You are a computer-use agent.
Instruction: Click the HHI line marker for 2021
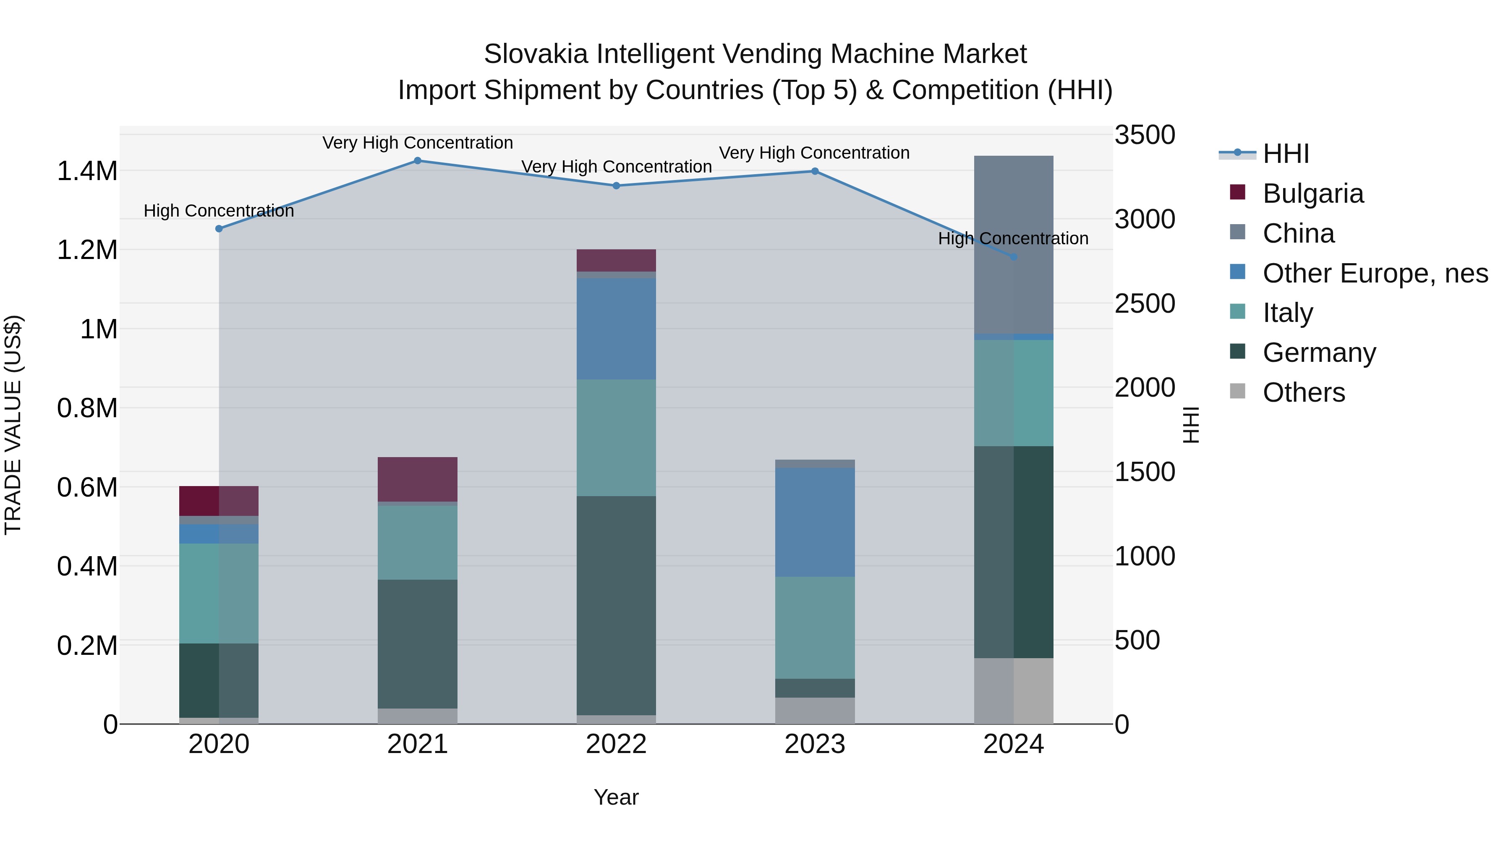click(x=418, y=160)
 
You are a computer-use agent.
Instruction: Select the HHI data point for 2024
click(x=1014, y=257)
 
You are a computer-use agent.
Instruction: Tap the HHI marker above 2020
click(x=219, y=229)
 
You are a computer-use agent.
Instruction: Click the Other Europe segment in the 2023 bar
click(x=815, y=522)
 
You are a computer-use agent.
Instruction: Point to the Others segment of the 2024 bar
click(x=1014, y=690)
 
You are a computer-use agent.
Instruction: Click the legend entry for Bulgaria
click(x=1313, y=194)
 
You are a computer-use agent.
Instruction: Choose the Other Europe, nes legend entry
click(x=1374, y=273)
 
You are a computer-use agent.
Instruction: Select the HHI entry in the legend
click(x=1285, y=154)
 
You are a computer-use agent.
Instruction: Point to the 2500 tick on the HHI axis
click(x=1145, y=304)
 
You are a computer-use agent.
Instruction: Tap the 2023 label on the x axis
click(x=815, y=744)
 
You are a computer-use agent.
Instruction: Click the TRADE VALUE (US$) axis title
click(x=13, y=425)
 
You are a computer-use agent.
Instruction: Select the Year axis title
click(x=616, y=797)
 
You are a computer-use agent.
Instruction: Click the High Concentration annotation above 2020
click(x=219, y=211)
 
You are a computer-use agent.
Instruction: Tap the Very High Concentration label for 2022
click(x=616, y=167)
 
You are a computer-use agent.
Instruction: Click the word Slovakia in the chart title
click(x=536, y=54)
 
